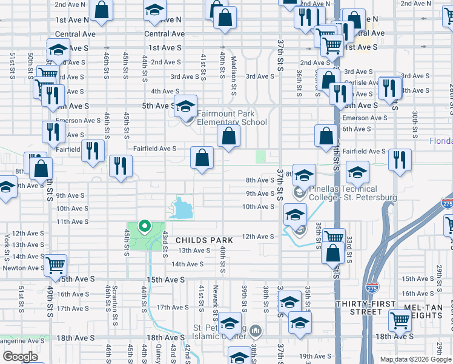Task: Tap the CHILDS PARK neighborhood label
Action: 204,241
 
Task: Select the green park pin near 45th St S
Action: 144,227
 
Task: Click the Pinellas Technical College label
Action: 353,194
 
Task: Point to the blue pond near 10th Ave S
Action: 182,209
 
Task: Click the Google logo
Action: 20,357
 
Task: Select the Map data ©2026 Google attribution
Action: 415,359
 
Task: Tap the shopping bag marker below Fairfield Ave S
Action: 202,158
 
